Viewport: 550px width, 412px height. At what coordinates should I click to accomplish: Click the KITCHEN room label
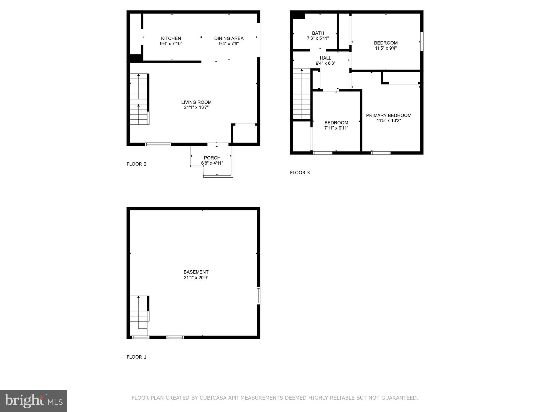click(x=171, y=38)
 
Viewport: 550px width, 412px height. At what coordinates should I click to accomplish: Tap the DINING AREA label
click(x=229, y=38)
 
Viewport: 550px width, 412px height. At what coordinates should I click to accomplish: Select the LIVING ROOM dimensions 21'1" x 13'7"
click(x=196, y=108)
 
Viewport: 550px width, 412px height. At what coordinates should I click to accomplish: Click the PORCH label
click(x=212, y=158)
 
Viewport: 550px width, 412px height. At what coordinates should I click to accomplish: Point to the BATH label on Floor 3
click(x=318, y=33)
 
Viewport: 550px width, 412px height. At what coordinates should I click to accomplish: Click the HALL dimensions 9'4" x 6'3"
click(x=325, y=64)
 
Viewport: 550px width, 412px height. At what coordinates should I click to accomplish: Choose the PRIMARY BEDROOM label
click(x=389, y=115)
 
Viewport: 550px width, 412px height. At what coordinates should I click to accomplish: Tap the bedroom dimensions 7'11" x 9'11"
click(x=336, y=128)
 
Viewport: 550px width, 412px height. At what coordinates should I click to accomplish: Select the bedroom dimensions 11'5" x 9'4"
click(x=386, y=48)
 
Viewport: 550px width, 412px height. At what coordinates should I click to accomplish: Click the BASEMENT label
click(x=196, y=272)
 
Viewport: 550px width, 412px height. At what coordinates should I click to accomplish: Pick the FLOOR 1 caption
click(x=136, y=357)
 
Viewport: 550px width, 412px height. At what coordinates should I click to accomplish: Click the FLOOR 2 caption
click(x=136, y=164)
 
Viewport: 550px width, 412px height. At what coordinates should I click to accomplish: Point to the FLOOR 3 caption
click(x=300, y=173)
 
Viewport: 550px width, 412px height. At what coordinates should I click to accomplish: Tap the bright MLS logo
click(x=34, y=401)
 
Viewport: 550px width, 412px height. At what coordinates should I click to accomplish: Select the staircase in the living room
click(x=139, y=99)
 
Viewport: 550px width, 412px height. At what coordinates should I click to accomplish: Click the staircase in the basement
click(x=139, y=309)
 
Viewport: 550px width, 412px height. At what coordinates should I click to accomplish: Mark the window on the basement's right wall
click(x=259, y=295)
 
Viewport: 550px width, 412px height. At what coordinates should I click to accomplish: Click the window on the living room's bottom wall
click(x=158, y=144)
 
